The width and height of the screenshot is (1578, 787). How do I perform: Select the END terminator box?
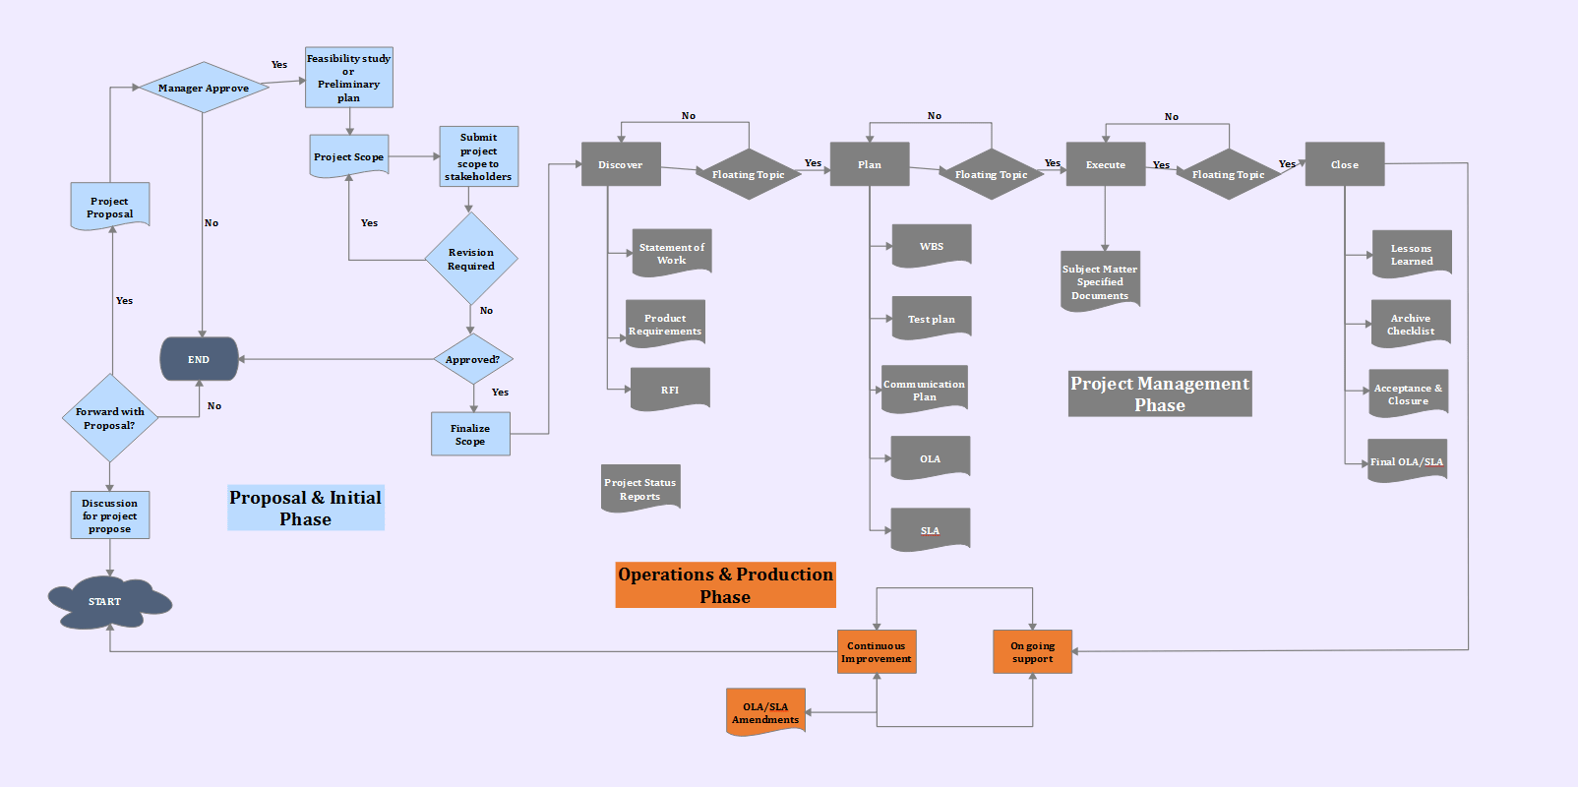coord(199,359)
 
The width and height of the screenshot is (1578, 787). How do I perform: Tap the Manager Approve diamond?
coord(204,88)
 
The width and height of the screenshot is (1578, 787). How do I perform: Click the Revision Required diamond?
coord(471,259)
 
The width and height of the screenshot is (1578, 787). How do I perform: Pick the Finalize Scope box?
coord(470,434)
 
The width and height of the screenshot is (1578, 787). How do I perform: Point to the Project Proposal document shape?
coord(110,207)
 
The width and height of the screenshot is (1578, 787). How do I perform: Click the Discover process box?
coord(621,164)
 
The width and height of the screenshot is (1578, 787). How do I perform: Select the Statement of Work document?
coord(672,253)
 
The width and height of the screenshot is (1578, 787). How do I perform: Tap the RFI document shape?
coord(670,390)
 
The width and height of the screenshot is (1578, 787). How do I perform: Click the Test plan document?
coord(932,319)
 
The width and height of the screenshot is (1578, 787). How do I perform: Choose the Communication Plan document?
coord(925,390)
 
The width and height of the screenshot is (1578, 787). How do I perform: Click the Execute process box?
coord(1105,164)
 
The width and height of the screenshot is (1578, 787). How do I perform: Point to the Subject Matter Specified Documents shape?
coord(1100,281)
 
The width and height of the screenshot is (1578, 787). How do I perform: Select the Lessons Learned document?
coord(1412,254)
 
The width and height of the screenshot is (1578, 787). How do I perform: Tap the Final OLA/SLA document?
coord(1407,460)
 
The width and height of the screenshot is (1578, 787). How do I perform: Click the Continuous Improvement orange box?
coord(877,652)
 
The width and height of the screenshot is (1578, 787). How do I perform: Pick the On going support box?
coord(1032,652)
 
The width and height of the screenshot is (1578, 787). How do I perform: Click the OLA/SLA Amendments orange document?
coord(765,712)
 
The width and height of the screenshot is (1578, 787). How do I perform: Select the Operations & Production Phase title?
coord(725,585)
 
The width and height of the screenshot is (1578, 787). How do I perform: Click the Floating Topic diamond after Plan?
coord(991,174)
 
